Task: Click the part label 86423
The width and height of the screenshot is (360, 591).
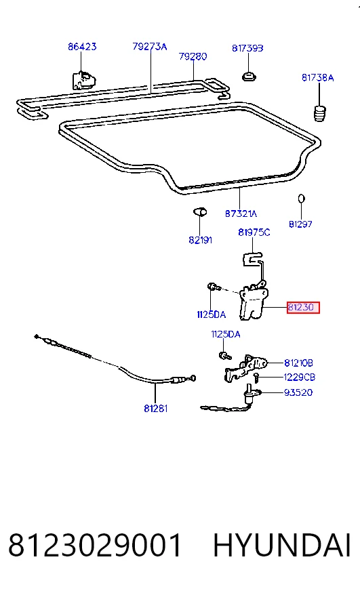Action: [82, 46]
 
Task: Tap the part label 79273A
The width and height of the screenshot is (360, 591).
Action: [150, 46]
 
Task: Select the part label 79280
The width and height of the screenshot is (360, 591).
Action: [193, 56]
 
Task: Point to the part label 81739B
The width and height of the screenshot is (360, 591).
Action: [247, 48]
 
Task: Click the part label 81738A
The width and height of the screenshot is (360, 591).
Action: [318, 78]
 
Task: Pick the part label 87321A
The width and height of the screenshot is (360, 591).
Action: [241, 213]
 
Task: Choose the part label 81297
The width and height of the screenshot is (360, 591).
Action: [300, 224]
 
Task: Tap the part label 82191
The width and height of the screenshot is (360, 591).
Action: [201, 240]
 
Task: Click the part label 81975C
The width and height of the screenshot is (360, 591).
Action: [254, 232]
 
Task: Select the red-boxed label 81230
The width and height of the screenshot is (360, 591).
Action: [303, 308]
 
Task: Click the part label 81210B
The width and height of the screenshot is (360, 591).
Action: [298, 363]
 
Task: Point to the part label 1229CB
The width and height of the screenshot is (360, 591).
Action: [299, 378]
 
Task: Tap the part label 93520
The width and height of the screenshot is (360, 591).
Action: [298, 392]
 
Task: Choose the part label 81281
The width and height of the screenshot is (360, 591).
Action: [156, 409]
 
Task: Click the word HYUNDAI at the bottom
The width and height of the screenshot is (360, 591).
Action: [282, 546]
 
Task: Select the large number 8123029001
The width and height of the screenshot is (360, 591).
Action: [95, 546]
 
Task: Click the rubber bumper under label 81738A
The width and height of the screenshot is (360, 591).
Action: [320, 113]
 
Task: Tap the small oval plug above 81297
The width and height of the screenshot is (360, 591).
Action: [301, 199]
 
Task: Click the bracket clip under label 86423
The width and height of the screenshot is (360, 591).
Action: [83, 80]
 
